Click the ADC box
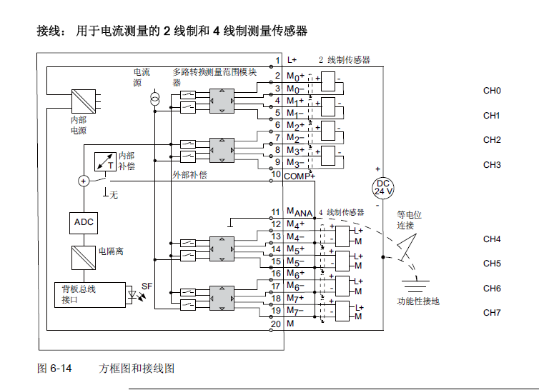click(x=84, y=223)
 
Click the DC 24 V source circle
click(x=384, y=188)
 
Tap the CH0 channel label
click(x=492, y=91)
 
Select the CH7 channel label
click(x=492, y=312)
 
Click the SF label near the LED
click(x=147, y=286)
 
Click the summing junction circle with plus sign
click(x=84, y=181)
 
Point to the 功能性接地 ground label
click(x=418, y=301)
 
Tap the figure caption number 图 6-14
click(x=54, y=369)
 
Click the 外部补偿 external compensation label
click(x=189, y=174)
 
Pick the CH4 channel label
click(x=492, y=239)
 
